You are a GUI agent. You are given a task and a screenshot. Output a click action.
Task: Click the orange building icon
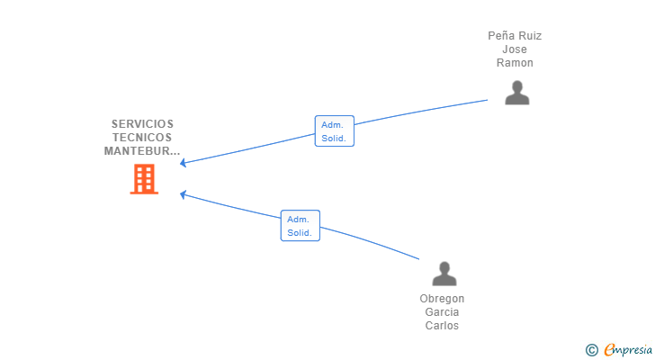click(144, 179)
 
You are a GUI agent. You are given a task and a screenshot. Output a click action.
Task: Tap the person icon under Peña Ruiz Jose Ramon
click(517, 93)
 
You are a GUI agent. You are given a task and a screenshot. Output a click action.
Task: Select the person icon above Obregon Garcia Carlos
click(444, 274)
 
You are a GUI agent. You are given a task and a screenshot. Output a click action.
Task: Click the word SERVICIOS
click(142, 124)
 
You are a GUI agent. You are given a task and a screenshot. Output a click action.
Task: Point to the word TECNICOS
click(142, 138)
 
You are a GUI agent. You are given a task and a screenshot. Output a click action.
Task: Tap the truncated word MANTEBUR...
click(142, 151)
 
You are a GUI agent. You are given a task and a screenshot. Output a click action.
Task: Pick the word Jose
click(515, 49)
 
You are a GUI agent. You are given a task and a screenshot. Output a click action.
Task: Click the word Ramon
click(515, 63)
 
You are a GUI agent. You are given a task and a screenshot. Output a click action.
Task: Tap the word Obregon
click(442, 299)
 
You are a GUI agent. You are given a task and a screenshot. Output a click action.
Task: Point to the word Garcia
click(442, 312)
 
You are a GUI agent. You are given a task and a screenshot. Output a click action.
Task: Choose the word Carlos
click(442, 325)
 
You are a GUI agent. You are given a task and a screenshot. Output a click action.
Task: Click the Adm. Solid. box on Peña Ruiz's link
click(335, 131)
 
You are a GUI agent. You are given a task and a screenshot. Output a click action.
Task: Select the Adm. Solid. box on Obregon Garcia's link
click(301, 226)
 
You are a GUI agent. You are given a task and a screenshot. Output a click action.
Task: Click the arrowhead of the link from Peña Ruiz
click(183, 163)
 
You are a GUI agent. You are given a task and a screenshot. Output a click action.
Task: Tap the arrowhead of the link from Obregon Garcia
click(183, 194)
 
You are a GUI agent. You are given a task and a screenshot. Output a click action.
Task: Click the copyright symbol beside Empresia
click(591, 350)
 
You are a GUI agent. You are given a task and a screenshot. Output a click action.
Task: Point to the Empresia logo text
click(628, 350)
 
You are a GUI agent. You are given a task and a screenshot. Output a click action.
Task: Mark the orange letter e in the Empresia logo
click(609, 349)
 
